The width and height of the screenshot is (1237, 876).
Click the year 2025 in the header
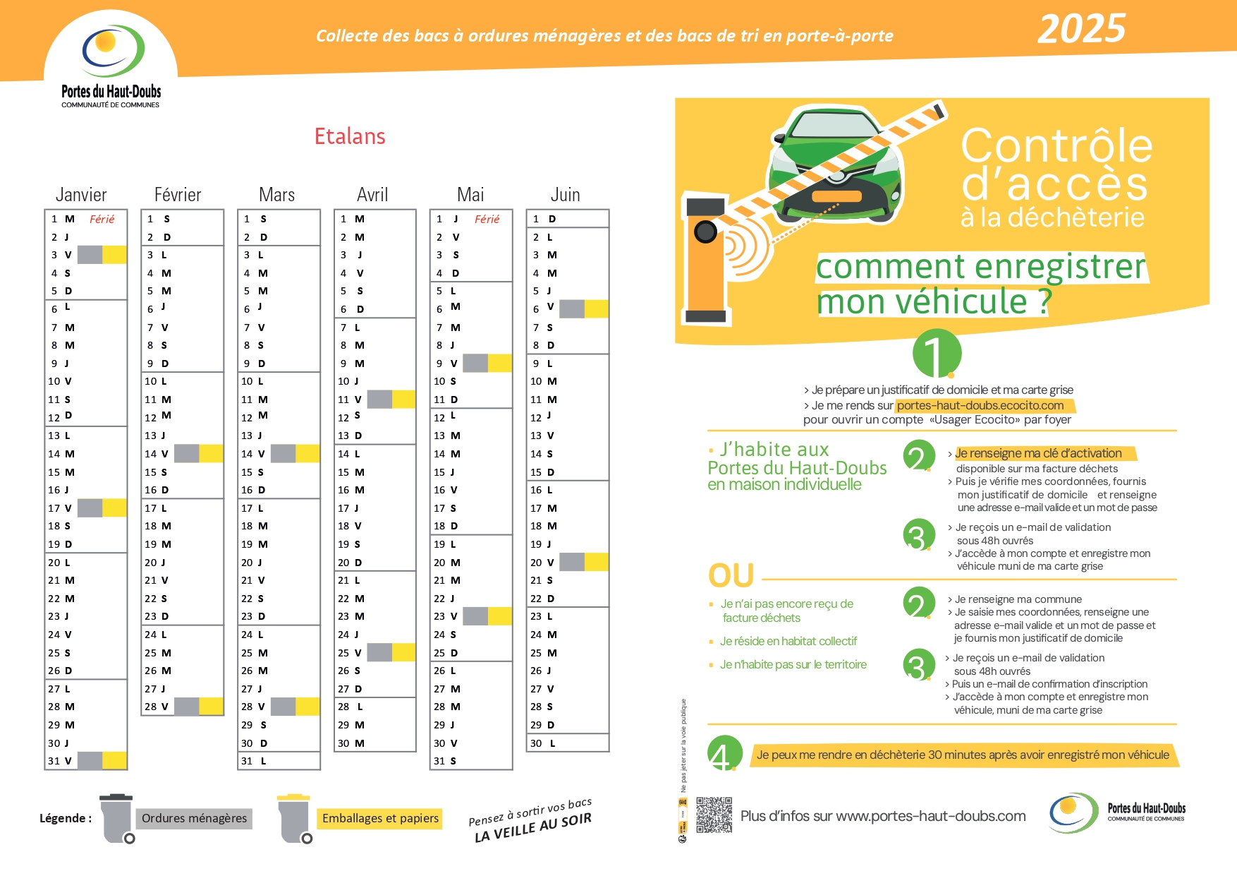coord(1081,30)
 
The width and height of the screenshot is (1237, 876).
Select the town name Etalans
coord(350,136)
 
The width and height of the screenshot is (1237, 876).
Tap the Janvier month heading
coord(81,195)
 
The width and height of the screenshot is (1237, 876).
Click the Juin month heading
coord(565,195)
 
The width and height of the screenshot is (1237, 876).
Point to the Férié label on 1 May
coord(487,220)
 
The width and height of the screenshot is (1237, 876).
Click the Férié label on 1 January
coord(102,220)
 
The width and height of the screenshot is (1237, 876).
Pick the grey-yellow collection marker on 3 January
coord(102,255)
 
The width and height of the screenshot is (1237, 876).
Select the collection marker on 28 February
coord(199,706)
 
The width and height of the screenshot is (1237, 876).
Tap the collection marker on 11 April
coord(391,399)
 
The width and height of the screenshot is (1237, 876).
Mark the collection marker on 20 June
coord(584,562)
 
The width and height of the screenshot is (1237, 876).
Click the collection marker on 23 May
coord(487,616)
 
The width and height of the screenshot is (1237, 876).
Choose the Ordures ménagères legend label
coord(194,818)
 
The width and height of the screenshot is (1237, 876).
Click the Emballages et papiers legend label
coord(380,818)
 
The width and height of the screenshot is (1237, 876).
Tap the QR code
coord(714,815)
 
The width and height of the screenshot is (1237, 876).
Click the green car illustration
coord(835,162)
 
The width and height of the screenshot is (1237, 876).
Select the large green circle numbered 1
coord(937,353)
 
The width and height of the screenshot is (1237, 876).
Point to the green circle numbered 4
coord(724,754)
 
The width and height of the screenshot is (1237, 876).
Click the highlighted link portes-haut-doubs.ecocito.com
coord(980,405)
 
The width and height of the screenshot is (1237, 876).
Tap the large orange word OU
coord(731,576)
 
